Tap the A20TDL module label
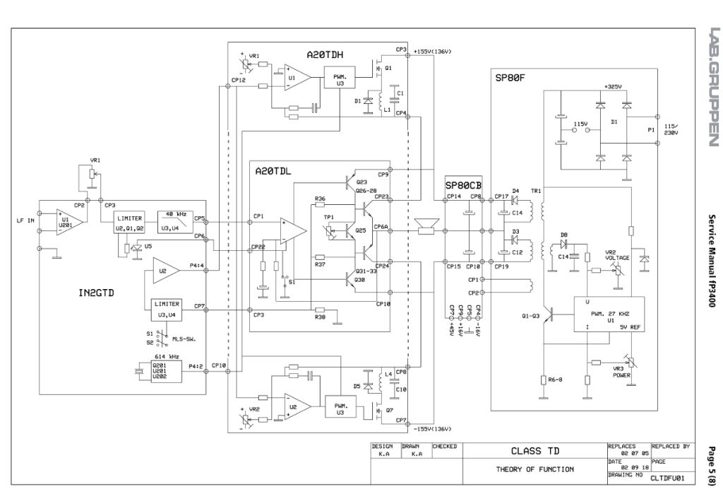tap(275, 171)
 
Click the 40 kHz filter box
tap(174, 219)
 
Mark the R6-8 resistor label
tap(556, 380)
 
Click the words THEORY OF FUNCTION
tap(534, 468)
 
